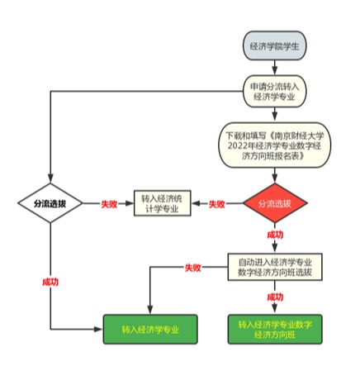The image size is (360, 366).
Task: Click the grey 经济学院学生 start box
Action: pos(274,45)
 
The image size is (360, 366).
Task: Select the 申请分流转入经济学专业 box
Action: pos(274,91)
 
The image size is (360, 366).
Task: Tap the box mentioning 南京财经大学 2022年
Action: pos(274,145)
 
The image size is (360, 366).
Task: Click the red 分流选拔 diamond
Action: pos(275,203)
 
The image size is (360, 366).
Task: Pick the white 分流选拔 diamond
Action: pos(50,203)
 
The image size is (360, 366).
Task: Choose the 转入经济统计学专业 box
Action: pos(162,203)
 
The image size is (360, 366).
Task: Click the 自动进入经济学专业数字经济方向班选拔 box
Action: pos(275,267)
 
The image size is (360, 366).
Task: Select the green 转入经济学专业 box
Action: pos(150,329)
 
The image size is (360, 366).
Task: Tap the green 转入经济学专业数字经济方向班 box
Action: pos(275,329)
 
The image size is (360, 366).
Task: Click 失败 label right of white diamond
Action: pos(109,204)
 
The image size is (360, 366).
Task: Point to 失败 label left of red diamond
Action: pos(217,204)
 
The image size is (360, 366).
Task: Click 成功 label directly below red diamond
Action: pos(275,235)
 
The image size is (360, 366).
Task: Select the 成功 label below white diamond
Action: pos(50,282)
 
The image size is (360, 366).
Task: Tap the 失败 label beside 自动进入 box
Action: pos(193,268)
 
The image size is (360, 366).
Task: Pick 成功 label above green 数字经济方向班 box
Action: pos(275,297)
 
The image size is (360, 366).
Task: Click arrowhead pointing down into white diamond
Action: pos(50,178)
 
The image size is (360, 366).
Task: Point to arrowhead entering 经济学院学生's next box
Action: pos(275,70)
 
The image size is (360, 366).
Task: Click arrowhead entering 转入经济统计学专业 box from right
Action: pos(197,203)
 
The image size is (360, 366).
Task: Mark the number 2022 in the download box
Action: pos(237,145)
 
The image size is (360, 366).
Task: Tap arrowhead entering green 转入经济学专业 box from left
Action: pos(98,329)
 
